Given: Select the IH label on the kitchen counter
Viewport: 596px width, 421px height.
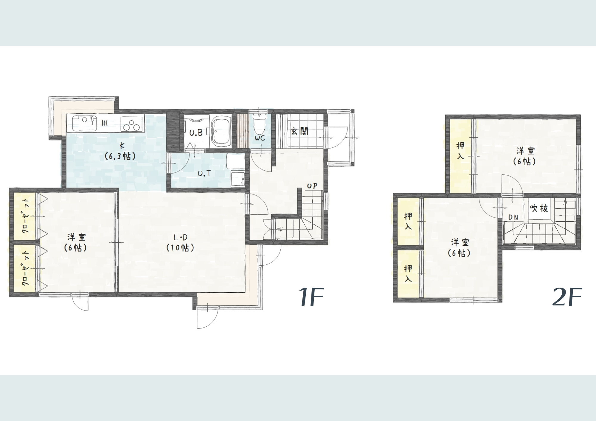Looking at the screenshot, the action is [105, 123].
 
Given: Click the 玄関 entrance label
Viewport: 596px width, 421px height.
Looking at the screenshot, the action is [299, 131].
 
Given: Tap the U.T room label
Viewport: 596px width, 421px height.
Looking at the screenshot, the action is [204, 173].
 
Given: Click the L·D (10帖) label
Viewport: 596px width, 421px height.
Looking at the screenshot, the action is [180, 242].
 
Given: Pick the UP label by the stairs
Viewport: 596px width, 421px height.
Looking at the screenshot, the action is [312, 186].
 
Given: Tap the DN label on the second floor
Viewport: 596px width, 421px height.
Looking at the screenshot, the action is [513, 218].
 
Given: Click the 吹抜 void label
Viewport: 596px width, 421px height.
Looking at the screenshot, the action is [539, 208].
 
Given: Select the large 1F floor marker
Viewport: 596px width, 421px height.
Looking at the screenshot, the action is [311, 297].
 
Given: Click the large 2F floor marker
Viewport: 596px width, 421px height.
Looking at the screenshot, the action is [567, 297].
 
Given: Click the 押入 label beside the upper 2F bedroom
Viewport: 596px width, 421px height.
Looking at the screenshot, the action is [460, 151].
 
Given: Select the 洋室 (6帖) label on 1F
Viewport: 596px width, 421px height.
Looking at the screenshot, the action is [77, 242].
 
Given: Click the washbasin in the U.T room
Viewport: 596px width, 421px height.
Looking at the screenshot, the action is [238, 179].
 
